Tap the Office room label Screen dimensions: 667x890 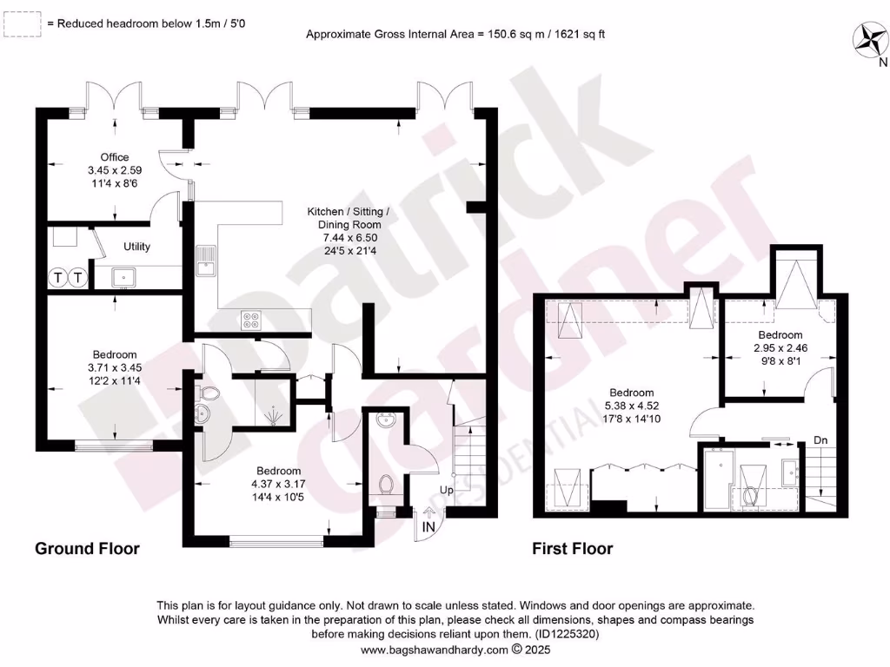coord(114,157)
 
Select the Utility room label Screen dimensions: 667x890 coord(136,247)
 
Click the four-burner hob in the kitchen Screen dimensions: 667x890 coord(251,320)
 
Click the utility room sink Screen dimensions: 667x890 coord(121,277)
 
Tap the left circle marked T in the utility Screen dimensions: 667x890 coord(58,278)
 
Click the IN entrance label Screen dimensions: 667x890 coord(429,527)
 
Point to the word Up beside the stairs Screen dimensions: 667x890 coord(446,490)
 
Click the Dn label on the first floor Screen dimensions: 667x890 coord(820,440)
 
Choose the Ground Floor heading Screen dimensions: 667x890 coord(87,549)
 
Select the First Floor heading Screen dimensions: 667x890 coord(573,549)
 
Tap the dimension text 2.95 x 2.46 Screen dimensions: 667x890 coord(780,347)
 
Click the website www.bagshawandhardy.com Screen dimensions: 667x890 coord(434,649)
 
